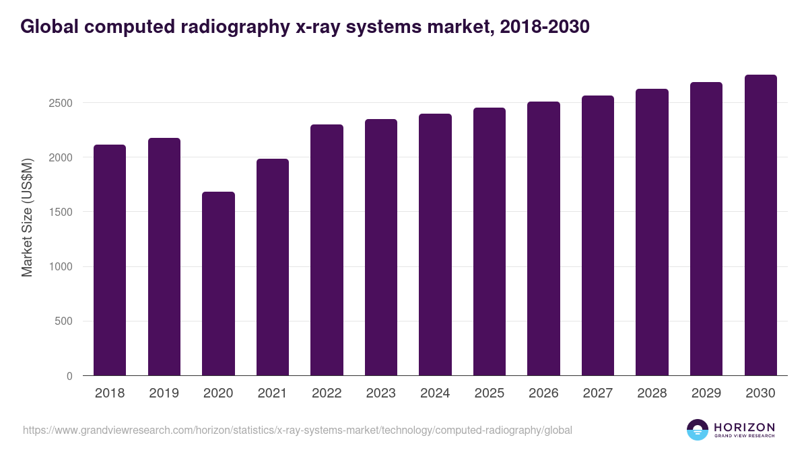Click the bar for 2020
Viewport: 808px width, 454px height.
[x=218, y=284]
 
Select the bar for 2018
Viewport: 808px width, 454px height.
[x=110, y=260]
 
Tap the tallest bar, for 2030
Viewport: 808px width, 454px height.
[x=760, y=225]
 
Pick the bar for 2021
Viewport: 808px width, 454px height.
[x=273, y=267]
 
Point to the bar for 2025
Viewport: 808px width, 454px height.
[x=490, y=241]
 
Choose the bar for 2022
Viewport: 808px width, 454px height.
[x=327, y=250]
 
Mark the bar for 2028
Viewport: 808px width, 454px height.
[x=652, y=232]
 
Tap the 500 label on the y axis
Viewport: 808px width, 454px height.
[x=63, y=321]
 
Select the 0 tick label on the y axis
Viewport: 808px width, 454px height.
[x=69, y=376]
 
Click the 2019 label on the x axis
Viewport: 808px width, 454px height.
[x=164, y=393]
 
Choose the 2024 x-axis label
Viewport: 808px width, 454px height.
[x=435, y=393]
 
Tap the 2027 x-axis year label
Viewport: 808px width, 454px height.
[x=598, y=393]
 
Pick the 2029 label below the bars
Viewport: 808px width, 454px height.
[x=706, y=393]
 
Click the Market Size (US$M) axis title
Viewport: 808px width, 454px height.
[x=27, y=217]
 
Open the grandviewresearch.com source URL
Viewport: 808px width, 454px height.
[x=297, y=430]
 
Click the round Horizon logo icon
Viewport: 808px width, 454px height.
[x=697, y=430]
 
